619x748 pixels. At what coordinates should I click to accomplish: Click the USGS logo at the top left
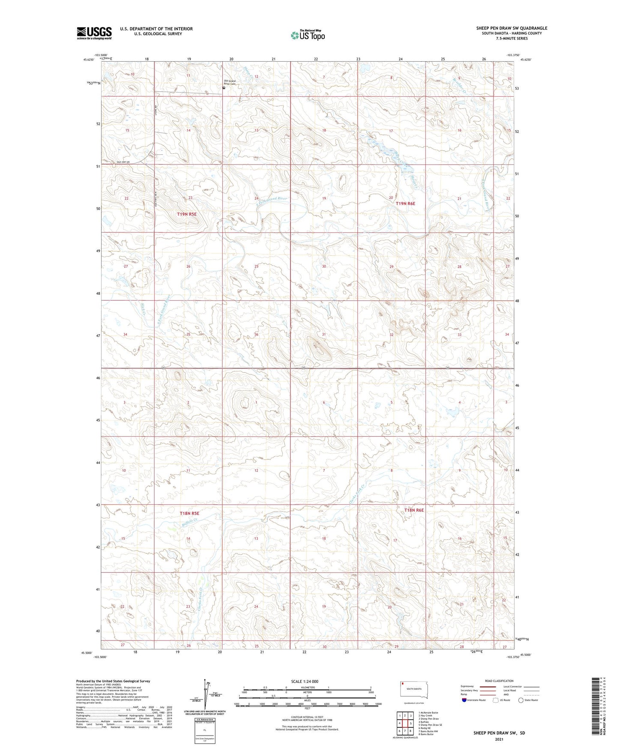94,33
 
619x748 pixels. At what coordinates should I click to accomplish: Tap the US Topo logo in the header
307,35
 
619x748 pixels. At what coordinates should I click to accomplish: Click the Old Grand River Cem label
230,82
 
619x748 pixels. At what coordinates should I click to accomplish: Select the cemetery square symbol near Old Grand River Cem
224,88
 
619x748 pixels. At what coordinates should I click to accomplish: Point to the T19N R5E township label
187,214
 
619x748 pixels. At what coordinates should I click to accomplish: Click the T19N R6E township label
405,203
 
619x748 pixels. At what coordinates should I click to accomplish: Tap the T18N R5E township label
189,513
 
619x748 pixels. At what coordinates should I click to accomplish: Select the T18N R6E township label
414,510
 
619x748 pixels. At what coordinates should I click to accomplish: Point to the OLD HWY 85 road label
123,162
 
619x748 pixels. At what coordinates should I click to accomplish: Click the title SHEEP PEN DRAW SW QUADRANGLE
511,28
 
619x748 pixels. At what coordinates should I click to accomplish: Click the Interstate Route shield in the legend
465,700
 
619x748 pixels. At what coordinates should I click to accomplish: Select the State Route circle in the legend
521,700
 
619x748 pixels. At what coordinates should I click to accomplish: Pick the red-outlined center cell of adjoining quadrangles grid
405,723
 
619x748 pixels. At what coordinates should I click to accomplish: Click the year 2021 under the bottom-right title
499,739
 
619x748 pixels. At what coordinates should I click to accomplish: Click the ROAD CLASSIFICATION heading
499,681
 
